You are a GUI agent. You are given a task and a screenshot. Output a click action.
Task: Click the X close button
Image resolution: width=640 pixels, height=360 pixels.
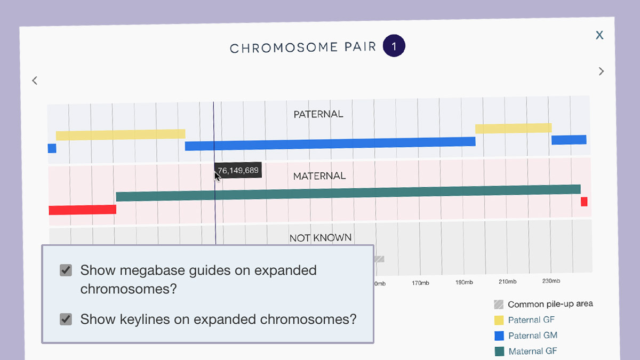click(599, 35)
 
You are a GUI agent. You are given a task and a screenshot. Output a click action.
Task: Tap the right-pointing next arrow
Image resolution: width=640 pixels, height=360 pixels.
click(601, 71)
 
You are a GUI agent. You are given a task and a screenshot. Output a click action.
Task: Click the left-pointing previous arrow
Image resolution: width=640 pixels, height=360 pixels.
click(35, 81)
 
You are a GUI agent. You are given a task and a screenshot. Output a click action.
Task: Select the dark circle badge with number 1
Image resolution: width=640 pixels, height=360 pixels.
click(394, 46)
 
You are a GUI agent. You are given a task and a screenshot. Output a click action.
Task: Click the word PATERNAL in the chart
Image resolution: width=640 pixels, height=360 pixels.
click(318, 114)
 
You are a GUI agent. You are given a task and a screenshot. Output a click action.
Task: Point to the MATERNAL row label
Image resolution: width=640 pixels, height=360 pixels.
click(319, 176)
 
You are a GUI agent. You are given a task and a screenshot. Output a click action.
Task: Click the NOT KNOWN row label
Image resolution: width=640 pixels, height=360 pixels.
click(321, 238)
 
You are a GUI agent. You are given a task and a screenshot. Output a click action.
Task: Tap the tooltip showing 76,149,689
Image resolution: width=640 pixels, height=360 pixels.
click(238, 171)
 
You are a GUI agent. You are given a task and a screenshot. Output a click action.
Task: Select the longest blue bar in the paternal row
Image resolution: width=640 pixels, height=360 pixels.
click(330, 143)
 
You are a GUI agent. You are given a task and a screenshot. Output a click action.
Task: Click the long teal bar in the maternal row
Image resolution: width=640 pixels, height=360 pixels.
click(348, 193)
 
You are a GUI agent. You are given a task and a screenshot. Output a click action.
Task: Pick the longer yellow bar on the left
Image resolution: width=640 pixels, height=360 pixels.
click(121, 134)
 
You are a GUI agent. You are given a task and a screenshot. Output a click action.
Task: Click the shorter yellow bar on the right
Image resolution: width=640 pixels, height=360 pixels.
click(513, 129)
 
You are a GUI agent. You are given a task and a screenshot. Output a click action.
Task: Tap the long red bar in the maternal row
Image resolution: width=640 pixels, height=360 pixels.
click(82, 210)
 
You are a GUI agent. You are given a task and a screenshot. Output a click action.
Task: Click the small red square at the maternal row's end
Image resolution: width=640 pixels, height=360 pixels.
click(584, 202)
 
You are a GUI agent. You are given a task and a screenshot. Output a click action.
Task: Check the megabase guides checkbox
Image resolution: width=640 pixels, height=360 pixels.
click(66, 270)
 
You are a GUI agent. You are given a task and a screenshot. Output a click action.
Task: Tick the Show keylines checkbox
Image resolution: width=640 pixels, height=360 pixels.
click(66, 319)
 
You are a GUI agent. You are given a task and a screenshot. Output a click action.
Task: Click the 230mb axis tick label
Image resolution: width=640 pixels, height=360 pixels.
click(551, 281)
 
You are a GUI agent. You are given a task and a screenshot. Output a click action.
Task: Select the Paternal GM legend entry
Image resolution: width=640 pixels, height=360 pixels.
click(532, 335)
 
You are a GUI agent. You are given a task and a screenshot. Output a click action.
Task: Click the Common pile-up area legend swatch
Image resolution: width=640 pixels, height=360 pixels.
click(499, 305)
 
